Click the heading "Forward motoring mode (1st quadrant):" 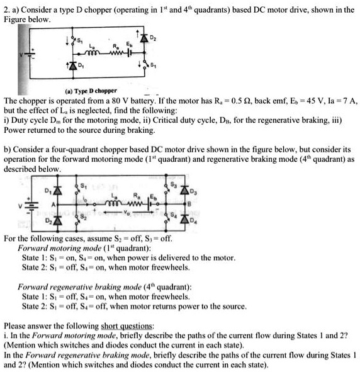(x=79, y=249)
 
